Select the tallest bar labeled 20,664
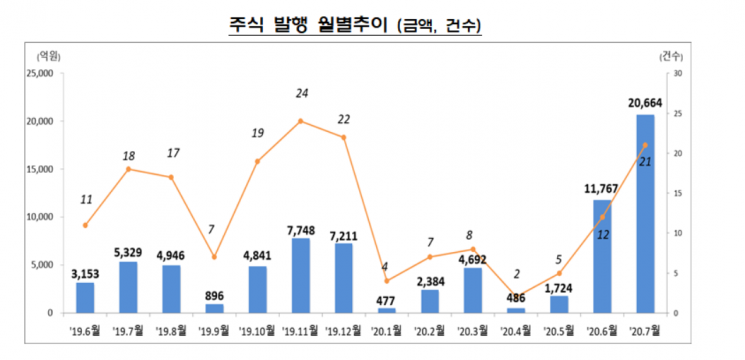pyautogui.click(x=645, y=214)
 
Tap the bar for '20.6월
pyautogui.click(x=601, y=257)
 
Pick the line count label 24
pyautogui.click(x=301, y=93)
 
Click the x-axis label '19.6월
pyautogui.click(x=84, y=327)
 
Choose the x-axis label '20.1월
pyautogui.click(x=386, y=327)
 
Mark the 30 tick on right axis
pyautogui.click(x=677, y=73)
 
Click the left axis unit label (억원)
pyautogui.click(x=46, y=55)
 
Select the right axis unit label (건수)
pyautogui.click(x=673, y=55)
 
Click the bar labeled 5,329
pyautogui.click(x=128, y=287)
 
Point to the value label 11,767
pyautogui.click(x=601, y=188)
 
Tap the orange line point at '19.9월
pyautogui.click(x=214, y=257)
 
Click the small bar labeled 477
pyautogui.click(x=386, y=310)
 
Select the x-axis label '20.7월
pyautogui.click(x=645, y=327)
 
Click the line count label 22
pyautogui.click(x=343, y=119)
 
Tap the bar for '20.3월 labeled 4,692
pyautogui.click(x=472, y=290)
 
